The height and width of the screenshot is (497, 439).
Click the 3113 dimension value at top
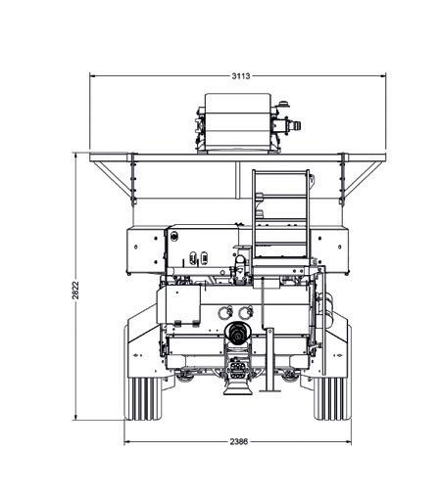[241, 76]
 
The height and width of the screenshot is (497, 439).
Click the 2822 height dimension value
[75, 290]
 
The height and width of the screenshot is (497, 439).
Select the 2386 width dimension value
[239, 441]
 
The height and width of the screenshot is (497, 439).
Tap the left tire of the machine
[144, 398]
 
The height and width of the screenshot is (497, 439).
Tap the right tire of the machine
[330, 398]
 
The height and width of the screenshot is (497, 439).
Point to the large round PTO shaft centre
[238, 332]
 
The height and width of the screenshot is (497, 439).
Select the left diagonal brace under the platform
[112, 178]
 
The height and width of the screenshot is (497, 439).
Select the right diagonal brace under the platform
[364, 178]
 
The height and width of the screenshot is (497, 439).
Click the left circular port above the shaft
[225, 313]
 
